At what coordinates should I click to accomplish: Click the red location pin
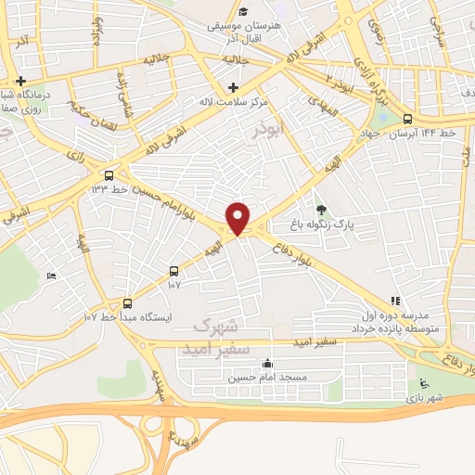(x=238, y=218)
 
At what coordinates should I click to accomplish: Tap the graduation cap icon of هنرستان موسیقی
(x=242, y=11)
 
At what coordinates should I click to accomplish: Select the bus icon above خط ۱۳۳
(x=109, y=174)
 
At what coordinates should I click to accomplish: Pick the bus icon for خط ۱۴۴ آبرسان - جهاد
(x=407, y=119)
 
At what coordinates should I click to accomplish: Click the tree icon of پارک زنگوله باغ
(x=322, y=210)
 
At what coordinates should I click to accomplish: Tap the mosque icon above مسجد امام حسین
(x=268, y=364)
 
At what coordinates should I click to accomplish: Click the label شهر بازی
(x=425, y=398)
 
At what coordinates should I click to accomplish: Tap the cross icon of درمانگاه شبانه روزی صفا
(x=20, y=81)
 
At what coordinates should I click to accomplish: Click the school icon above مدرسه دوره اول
(x=395, y=301)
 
